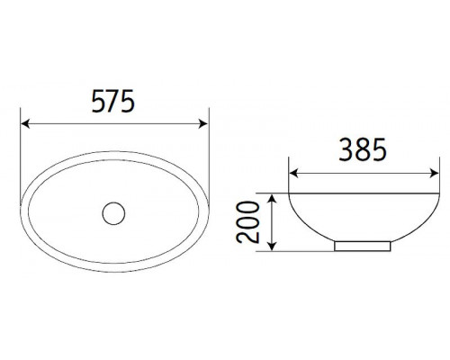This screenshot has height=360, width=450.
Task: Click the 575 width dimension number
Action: click(x=114, y=103)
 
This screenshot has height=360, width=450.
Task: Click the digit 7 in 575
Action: click(x=114, y=103)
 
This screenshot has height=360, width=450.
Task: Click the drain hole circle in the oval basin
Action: click(x=114, y=212)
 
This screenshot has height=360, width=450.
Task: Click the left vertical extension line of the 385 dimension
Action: click(x=288, y=175)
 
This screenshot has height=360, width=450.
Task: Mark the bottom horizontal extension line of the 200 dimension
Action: click(x=297, y=253)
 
